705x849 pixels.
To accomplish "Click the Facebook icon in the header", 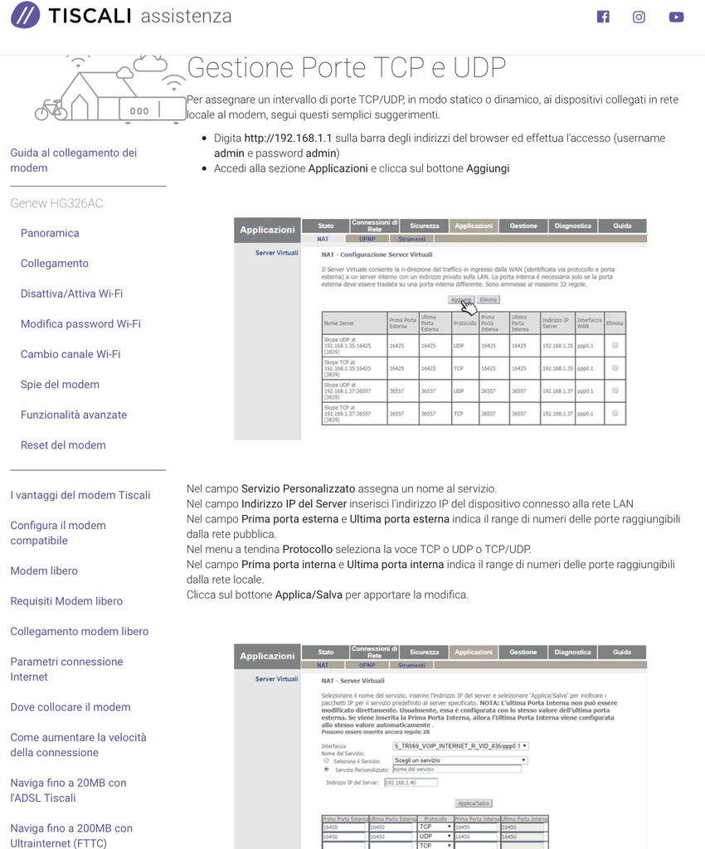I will pyautogui.click(x=603, y=17).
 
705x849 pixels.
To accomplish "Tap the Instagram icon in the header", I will pyautogui.click(x=639, y=17).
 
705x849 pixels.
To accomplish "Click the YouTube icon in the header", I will pyautogui.click(x=676, y=17).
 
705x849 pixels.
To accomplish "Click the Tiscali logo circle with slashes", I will pyautogui.click(x=25, y=15).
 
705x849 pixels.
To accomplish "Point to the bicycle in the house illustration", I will pyautogui.click(x=51, y=109).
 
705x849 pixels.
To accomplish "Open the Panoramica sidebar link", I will pyautogui.click(x=50, y=233).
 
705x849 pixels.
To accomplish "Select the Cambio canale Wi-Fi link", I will pyautogui.click(x=70, y=354).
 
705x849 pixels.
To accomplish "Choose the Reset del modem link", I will pyautogui.click(x=63, y=445).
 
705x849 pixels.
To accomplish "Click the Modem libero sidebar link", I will pyautogui.click(x=44, y=571).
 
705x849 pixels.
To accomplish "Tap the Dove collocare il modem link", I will pyautogui.click(x=70, y=707).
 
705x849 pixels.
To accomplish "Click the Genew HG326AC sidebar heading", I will pyautogui.click(x=56, y=203).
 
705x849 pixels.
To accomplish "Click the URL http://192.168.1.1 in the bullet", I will pyautogui.click(x=288, y=138).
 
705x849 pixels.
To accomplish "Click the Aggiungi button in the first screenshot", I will pyautogui.click(x=461, y=299).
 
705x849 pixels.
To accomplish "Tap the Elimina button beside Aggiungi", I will pyautogui.click(x=489, y=299).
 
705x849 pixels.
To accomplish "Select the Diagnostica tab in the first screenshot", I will pyautogui.click(x=572, y=226).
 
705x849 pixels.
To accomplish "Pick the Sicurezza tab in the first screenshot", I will pyautogui.click(x=424, y=226).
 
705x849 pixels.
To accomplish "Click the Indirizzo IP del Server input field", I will pyautogui.click(x=411, y=782).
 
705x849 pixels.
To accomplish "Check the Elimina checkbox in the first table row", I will pyautogui.click(x=615, y=344).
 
